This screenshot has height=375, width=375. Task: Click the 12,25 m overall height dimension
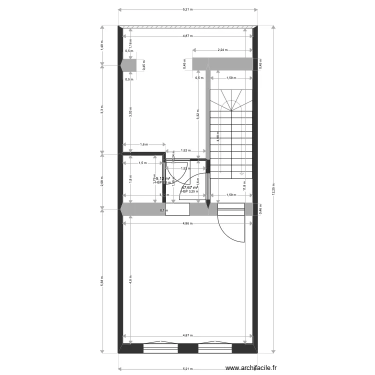click(273, 190)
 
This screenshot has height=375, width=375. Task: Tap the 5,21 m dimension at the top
click(187, 9)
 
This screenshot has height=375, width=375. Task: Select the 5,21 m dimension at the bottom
click(187, 369)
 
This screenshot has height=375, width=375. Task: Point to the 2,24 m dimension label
click(222, 50)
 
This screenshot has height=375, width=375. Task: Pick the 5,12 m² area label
click(163, 178)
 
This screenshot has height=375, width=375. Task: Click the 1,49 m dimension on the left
click(101, 45)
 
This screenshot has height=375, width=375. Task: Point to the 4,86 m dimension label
click(187, 223)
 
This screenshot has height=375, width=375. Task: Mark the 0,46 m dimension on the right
click(260, 209)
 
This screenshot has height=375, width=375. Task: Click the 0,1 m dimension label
click(164, 210)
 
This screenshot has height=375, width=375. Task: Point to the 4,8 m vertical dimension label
click(129, 280)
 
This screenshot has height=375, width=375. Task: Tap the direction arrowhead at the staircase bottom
click(241, 173)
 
